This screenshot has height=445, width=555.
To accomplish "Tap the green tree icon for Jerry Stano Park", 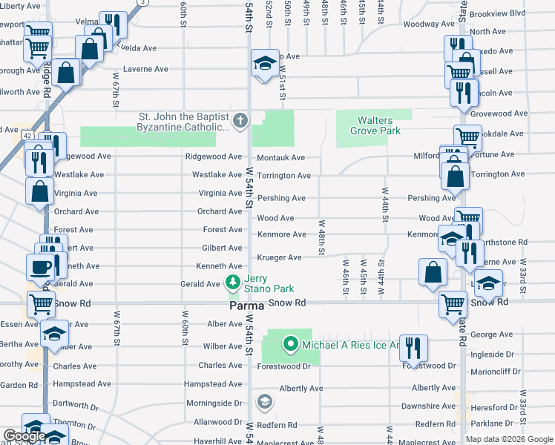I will point(232,283).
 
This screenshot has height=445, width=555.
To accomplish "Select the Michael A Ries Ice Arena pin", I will point(290,344).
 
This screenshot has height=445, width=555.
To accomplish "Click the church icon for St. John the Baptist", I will point(240,120).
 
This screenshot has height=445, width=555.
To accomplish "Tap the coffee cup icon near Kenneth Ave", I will point(40,267).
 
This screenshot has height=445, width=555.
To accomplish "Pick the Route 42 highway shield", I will point(27,136).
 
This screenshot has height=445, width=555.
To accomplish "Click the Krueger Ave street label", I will point(279,257).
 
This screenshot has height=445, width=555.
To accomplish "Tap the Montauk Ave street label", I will point(280,158).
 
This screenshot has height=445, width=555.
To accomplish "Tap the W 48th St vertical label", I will point(321,237).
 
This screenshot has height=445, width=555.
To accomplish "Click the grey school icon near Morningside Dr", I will point(263,402).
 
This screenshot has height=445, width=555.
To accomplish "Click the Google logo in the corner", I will point(24,436).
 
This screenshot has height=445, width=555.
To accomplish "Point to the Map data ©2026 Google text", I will point(509,439).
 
